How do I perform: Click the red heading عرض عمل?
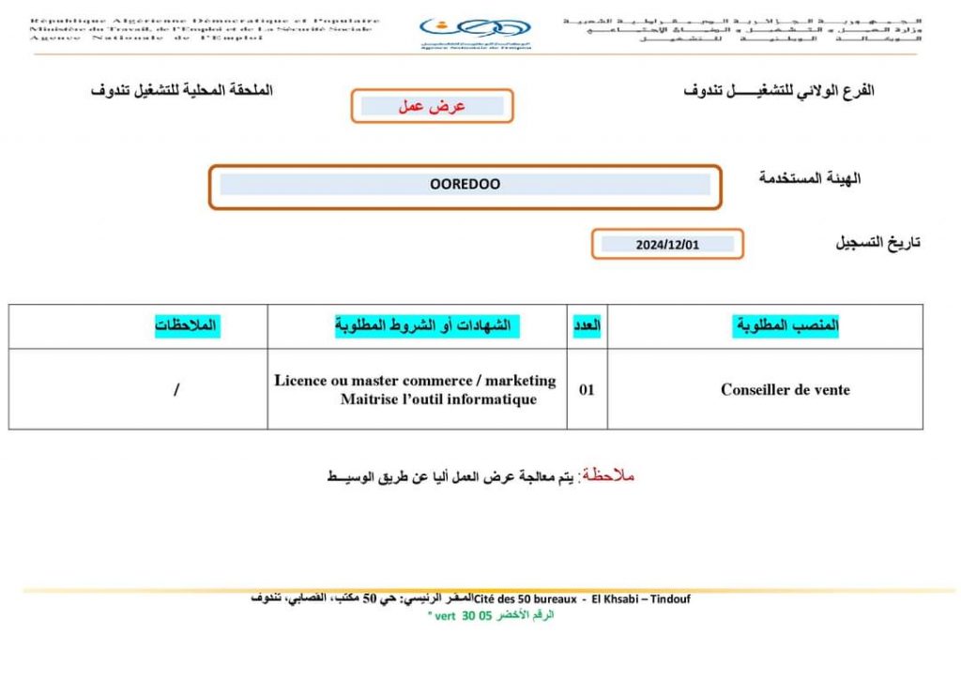433,106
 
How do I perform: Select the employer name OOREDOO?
465,185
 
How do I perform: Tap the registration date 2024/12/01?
667,245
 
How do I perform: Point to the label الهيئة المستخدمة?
810,178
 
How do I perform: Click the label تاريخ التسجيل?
877,242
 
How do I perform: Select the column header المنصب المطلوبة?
786,325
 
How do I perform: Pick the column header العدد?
587,325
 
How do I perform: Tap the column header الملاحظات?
188,325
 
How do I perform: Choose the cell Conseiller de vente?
786,390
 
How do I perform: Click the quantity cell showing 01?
587,390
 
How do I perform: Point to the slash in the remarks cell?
176,390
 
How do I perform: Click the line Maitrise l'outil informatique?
439,400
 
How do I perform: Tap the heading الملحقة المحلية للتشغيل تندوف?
181,91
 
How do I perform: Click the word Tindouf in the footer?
668,599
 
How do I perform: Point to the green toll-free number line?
491,615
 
